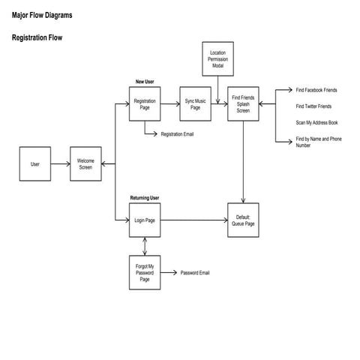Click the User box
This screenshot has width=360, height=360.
point(34,164)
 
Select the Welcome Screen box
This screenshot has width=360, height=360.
point(85,164)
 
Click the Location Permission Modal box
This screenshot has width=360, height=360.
point(217,59)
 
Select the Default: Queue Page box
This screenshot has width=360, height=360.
point(243,220)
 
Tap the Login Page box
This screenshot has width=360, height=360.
point(144,220)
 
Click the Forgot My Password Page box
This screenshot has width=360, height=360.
point(144,273)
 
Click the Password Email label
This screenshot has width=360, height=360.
point(195,273)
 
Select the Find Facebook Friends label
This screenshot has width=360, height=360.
point(316,90)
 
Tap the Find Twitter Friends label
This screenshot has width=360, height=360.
point(313,106)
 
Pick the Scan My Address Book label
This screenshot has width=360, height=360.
point(317,122)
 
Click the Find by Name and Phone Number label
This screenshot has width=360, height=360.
point(318,142)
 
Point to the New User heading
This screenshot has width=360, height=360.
point(145,81)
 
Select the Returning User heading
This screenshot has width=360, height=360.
point(145,198)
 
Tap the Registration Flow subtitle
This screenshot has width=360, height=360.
point(37,37)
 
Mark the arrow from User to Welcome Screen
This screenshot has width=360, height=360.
point(60,164)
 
